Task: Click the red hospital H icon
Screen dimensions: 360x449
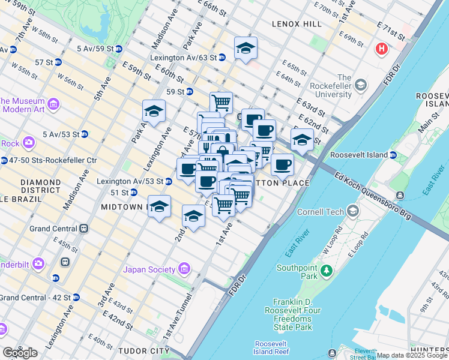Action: point(381,49)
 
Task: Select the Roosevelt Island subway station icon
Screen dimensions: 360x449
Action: point(393,155)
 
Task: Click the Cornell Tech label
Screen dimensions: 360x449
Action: point(328,212)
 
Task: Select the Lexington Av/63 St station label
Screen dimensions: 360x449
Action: point(184,58)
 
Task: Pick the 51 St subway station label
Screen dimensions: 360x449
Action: point(119,193)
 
